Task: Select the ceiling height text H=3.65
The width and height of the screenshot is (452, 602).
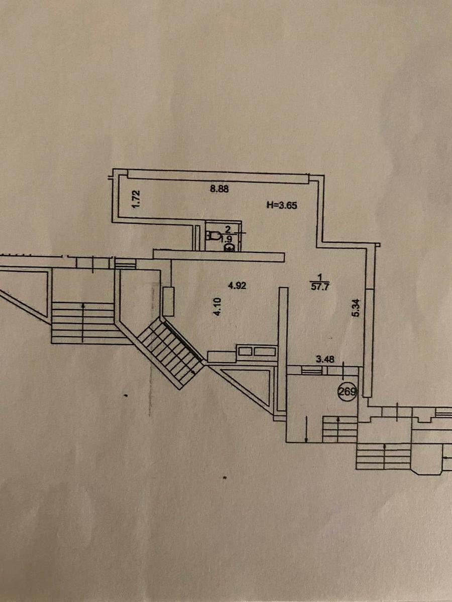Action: [x=284, y=204]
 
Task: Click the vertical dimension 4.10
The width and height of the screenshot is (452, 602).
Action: [x=217, y=307]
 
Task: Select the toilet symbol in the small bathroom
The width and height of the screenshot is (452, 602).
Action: [x=213, y=235]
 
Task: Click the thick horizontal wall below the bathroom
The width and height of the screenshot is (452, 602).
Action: [x=218, y=255]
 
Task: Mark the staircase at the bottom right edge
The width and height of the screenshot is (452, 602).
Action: [x=384, y=457]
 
